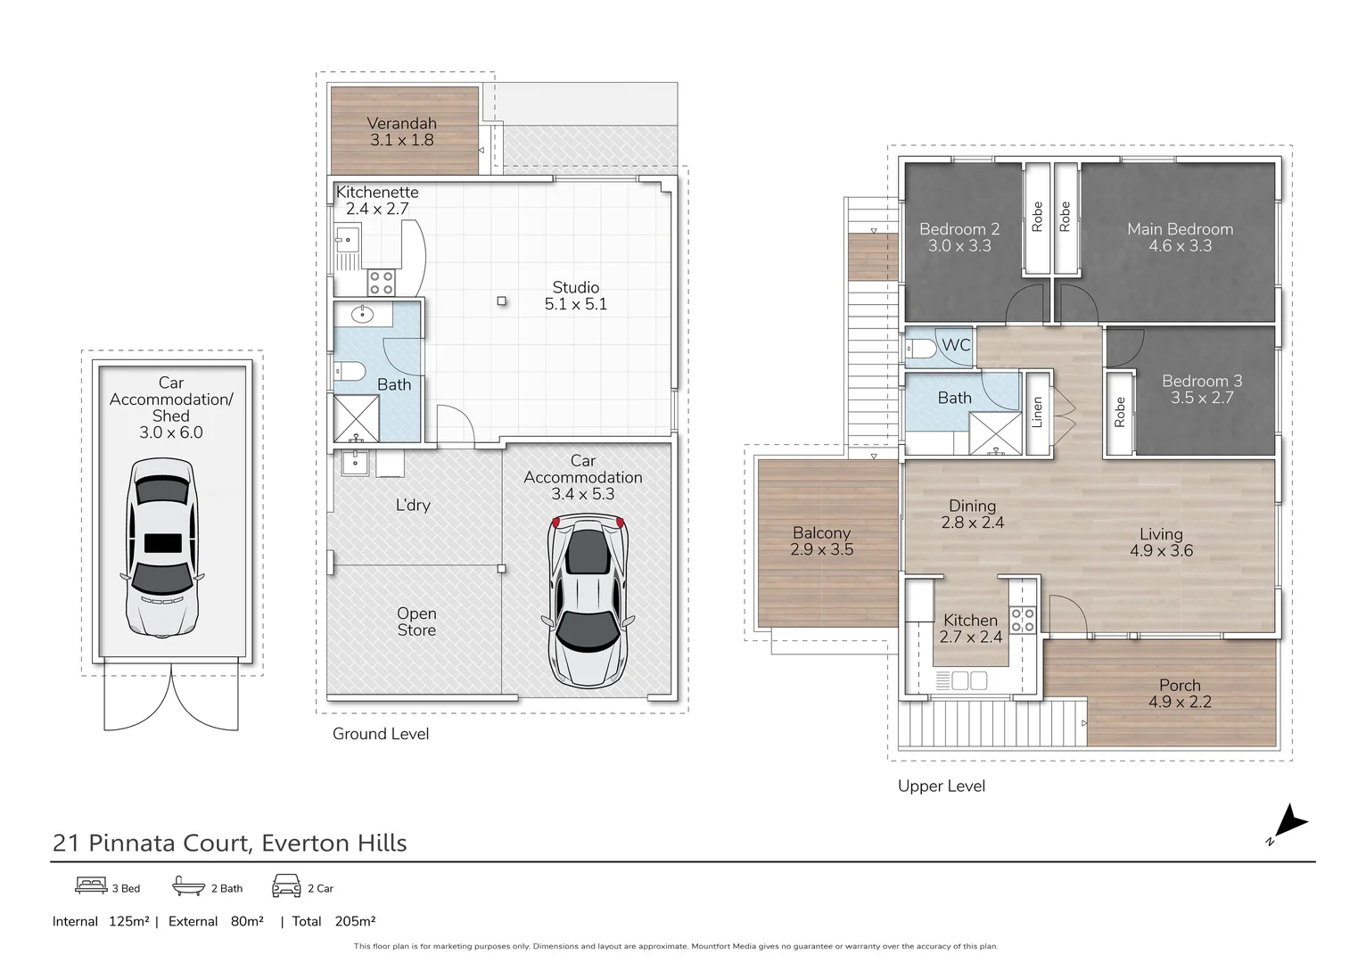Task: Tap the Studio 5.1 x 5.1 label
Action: click(x=575, y=296)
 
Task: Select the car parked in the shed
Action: click(x=160, y=547)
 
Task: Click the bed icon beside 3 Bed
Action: click(x=91, y=886)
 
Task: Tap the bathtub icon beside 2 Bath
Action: click(x=188, y=886)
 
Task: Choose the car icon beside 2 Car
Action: click(x=286, y=886)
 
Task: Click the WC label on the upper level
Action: click(x=955, y=345)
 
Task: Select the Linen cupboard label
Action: click(x=1037, y=412)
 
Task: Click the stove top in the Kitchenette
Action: click(x=382, y=283)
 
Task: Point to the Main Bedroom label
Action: click(x=1180, y=229)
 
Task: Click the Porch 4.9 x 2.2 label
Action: click(x=1180, y=694)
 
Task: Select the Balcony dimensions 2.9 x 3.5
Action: click(x=821, y=550)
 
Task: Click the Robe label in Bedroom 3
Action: click(x=1120, y=412)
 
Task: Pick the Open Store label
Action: click(x=416, y=621)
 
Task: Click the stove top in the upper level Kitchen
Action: click(x=1023, y=620)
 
